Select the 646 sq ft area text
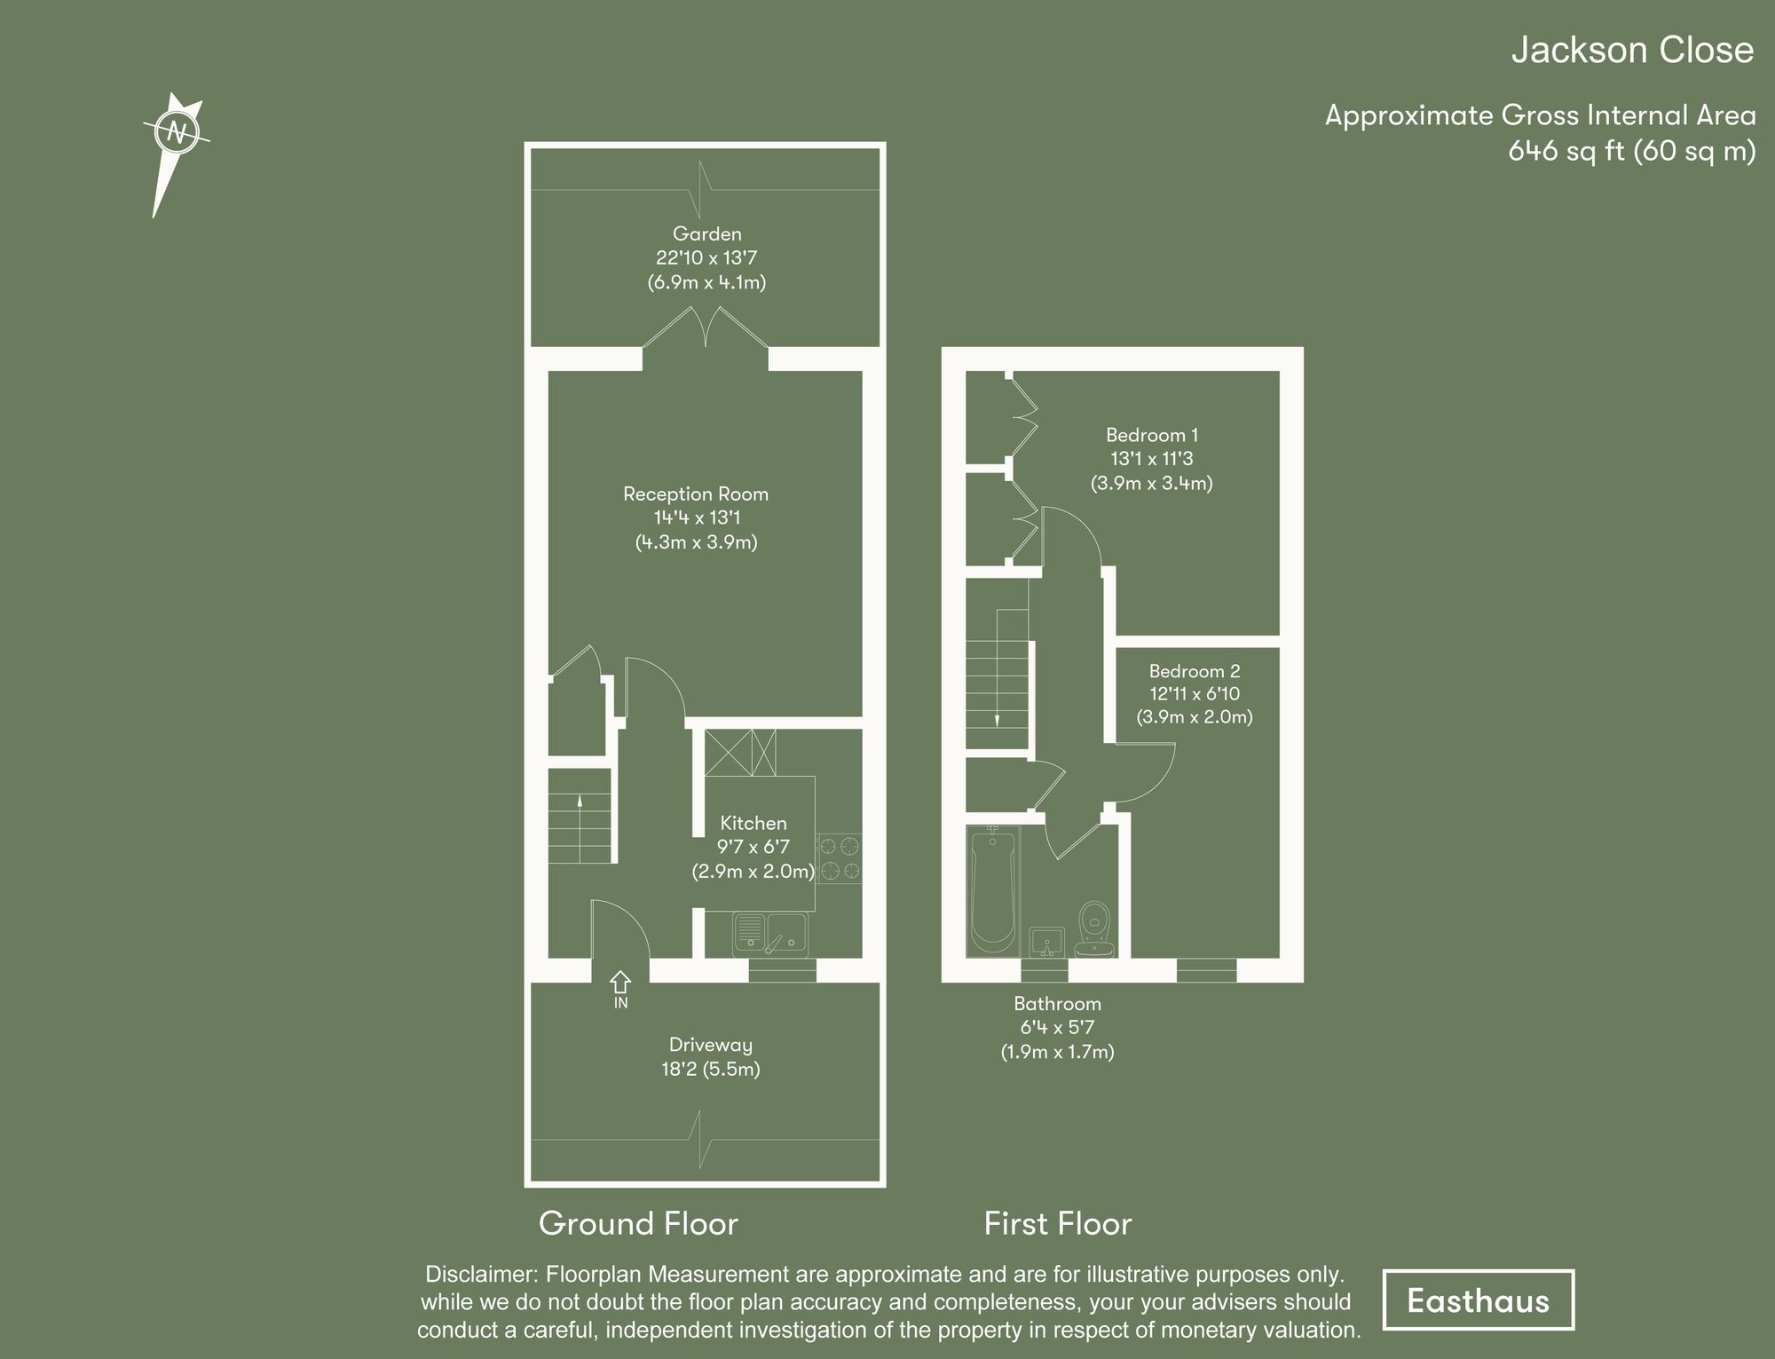[x=1631, y=152]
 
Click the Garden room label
[x=706, y=234]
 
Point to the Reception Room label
[x=696, y=494]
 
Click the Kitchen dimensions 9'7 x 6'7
[x=753, y=847]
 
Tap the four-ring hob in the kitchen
[x=839, y=857]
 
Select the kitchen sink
[x=769, y=935]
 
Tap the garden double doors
[x=706, y=328]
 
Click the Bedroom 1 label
[x=1151, y=435]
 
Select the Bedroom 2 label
[x=1194, y=671]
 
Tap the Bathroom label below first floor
[x=1057, y=1004]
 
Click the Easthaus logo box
[x=1478, y=1300]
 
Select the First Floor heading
[x=1057, y=1224]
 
